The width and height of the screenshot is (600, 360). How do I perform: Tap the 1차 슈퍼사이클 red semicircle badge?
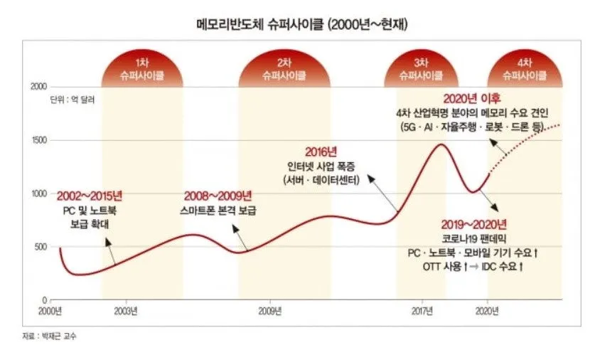tap(143, 69)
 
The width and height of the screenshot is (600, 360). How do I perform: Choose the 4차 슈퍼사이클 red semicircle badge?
tap(525, 69)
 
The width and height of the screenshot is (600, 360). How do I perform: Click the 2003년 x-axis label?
tap(126, 311)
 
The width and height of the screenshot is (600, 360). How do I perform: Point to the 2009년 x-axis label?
tap(269, 311)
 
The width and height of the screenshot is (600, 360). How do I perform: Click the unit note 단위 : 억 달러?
tap(72, 100)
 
